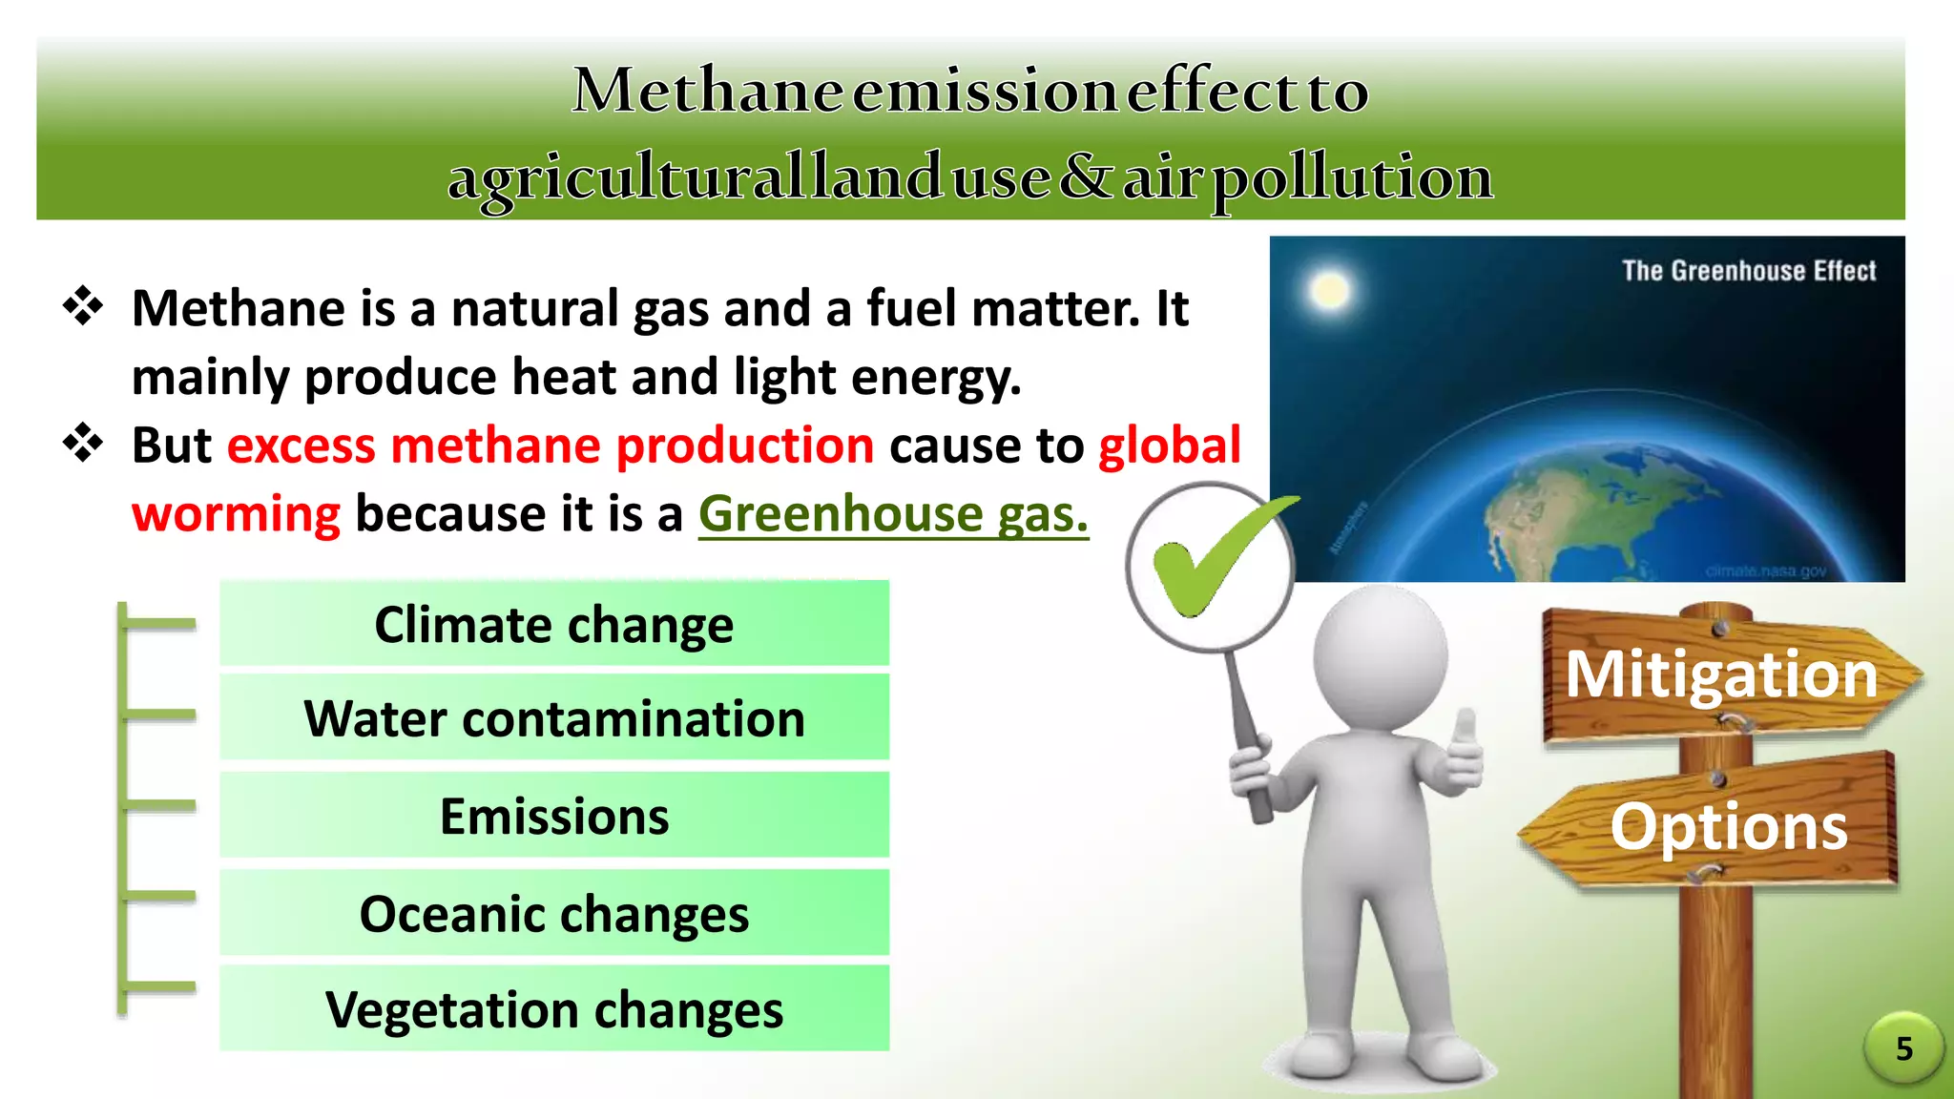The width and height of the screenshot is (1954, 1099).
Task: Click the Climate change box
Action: tap(554, 624)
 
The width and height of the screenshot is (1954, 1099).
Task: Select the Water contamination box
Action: tap(554, 717)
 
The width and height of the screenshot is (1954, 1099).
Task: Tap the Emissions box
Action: tap(554, 816)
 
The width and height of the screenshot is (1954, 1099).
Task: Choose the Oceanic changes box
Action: tap(554, 913)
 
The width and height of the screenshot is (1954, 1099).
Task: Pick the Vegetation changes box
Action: tap(554, 1008)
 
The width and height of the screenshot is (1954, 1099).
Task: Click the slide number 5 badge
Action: tap(1903, 1048)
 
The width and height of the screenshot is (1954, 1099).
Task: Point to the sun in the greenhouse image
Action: tap(1329, 290)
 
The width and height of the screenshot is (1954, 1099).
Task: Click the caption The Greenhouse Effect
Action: tap(1749, 271)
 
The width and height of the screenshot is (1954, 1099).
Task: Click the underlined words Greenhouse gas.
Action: tap(893, 514)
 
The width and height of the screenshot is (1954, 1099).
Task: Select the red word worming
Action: tap(236, 514)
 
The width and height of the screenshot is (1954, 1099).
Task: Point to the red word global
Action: tap(1170, 446)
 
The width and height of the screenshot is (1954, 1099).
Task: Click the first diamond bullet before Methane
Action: tap(83, 306)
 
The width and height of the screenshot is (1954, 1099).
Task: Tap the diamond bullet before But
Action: tap(83, 444)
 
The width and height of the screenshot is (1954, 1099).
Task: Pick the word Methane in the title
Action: tap(707, 91)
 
